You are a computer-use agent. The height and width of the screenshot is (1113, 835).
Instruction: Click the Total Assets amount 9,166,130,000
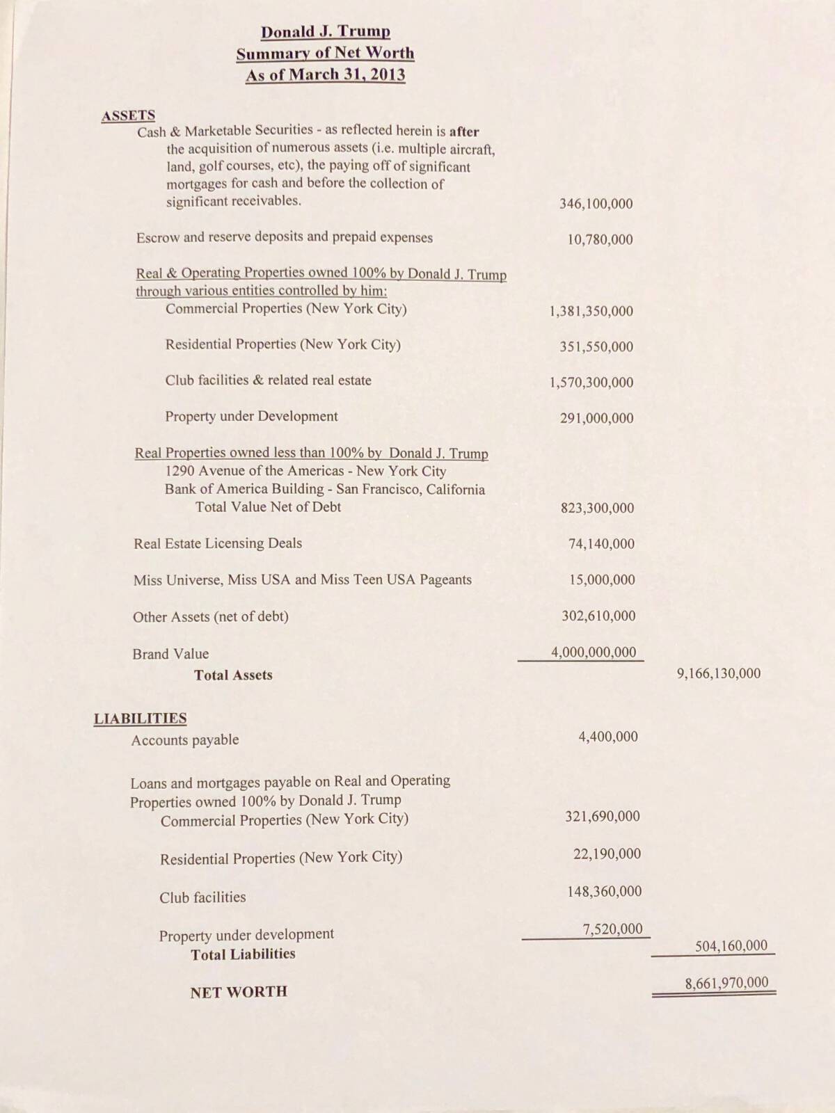[718, 673]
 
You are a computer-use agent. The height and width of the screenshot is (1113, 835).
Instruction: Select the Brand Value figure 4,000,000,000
[594, 652]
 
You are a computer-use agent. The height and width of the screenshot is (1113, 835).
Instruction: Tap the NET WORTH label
[239, 991]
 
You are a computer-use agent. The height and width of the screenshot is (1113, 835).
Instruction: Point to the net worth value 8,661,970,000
[726, 983]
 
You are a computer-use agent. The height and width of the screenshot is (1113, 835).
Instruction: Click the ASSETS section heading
[128, 115]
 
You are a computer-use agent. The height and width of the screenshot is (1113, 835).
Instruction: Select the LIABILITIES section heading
[140, 719]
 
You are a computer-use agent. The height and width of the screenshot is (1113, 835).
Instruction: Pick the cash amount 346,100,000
[596, 204]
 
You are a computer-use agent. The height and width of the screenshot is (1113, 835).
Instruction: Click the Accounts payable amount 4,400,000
[607, 737]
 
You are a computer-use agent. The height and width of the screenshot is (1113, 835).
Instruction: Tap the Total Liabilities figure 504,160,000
[731, 945]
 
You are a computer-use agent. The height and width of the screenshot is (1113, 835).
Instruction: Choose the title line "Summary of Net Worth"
[325, 54]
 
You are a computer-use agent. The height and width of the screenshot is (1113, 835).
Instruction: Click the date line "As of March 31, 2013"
[325, 75]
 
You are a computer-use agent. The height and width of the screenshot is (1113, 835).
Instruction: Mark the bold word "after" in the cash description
[464, 131]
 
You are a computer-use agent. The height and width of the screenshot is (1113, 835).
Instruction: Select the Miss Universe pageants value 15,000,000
[602, 579]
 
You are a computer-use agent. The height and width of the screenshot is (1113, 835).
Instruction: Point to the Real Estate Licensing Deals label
[218, 543]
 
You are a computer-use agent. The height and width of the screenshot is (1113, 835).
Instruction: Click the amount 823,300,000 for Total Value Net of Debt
[597, 508]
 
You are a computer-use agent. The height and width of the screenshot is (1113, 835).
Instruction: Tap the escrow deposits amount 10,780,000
[600, 240]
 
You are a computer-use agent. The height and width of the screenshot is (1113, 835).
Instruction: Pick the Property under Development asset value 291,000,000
[596, 418]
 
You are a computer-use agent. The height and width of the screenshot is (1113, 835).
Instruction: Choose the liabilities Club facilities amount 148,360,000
[604, 891]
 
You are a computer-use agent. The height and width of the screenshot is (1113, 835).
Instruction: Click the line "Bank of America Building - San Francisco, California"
[325, 489]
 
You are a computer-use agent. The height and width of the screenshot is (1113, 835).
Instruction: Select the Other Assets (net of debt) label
[211, 616]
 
